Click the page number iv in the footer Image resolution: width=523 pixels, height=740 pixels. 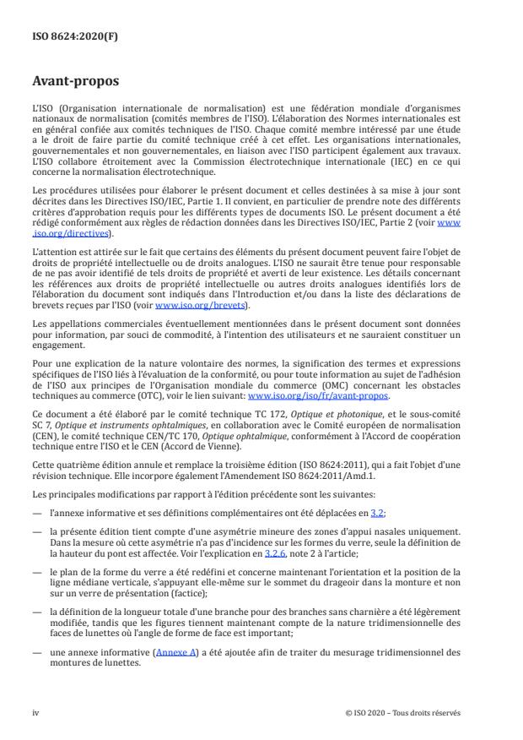(35, 712)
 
